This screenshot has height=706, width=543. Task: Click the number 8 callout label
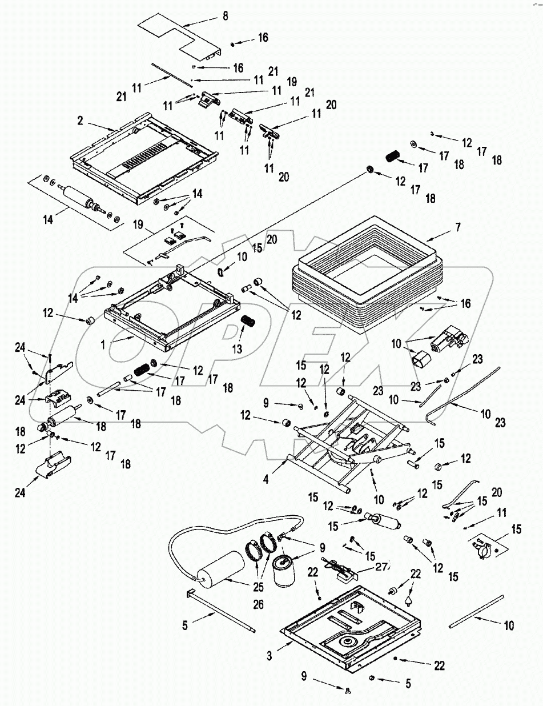[x=225, y=16]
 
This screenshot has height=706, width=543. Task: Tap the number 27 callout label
[x=381, y=567]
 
